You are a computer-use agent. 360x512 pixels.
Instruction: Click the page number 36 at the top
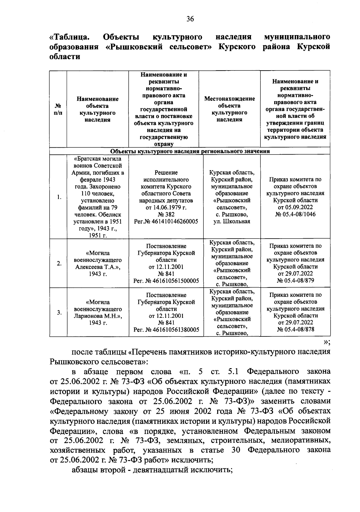pyautogui.click(x=190, y=19)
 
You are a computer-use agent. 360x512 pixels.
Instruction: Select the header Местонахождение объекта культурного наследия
pyautogui.click(x=229, y=109)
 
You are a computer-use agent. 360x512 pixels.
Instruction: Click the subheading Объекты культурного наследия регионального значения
pyautogui.click(x=190, y=151)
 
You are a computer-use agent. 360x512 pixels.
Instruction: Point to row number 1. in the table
pyautogui.click(x=59, y=197)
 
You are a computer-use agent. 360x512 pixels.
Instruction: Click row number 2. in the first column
pyautogui.click(x=59, y=264)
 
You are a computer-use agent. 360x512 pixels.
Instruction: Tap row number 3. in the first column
pyautogui.click(x=59, y=312)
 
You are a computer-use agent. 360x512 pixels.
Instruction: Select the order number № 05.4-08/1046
pyautogui.click(x=295, y=214)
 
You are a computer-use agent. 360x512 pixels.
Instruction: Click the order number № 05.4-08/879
pyautogui.click(x=295, y=281)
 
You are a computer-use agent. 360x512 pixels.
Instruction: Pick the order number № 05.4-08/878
pyautogui.click(x=295, y=330)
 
